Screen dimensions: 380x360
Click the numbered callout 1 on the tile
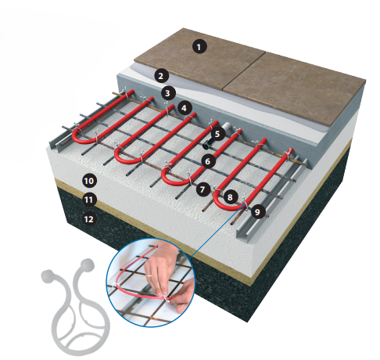(199, 47)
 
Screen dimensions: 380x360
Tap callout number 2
(161, 76)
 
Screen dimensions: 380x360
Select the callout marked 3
(168, 93)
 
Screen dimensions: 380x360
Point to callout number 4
(185, 108)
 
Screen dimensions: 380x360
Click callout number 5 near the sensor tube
(217, 134)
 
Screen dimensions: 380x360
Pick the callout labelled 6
(208, 161)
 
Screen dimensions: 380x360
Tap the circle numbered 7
(203, 189)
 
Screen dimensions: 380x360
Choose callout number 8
(230, 197)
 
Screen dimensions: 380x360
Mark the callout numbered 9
(258, 211)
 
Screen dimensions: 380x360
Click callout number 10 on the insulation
(89, 181)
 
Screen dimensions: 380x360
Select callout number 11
(89, 200)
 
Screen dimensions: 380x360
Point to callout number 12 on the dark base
(89, 219)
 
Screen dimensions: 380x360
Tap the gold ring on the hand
(149, 275)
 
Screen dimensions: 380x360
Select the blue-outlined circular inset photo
(150, 283)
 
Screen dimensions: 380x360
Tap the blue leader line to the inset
(217, 232)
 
